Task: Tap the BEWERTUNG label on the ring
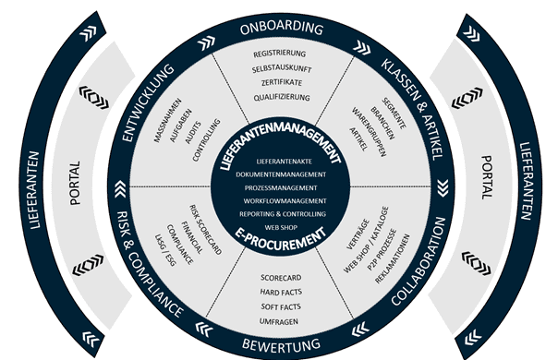(281, 344)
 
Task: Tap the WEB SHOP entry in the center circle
(281, 226)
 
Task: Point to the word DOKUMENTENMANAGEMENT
(281, 174)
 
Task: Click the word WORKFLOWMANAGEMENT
(281, 200)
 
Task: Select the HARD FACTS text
(281, 291)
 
